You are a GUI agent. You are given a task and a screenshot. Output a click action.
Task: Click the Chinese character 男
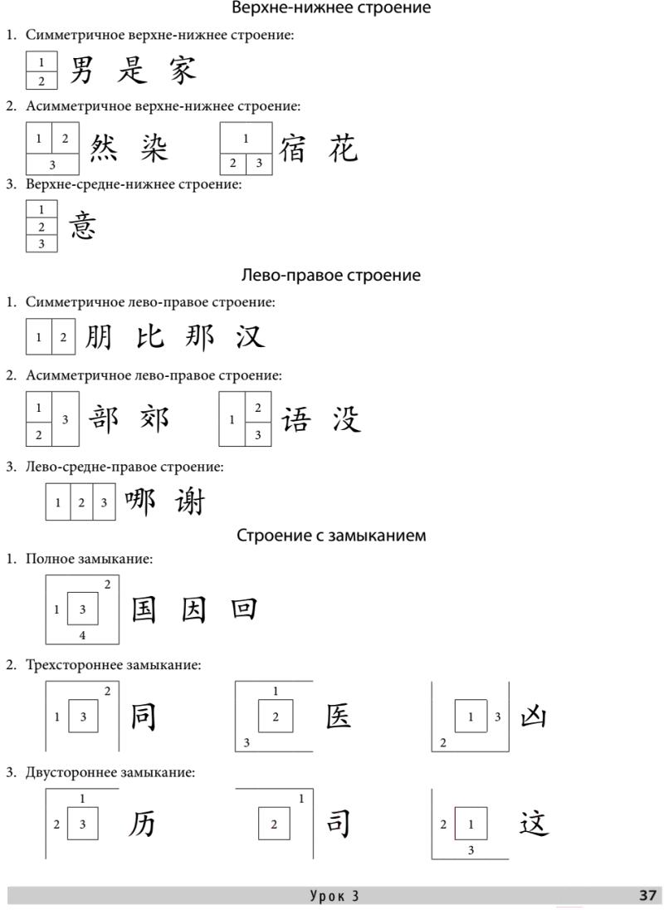tap(81, 70)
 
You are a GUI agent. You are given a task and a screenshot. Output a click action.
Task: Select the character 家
tap(182, 70)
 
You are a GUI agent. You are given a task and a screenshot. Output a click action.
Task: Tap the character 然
tap(104, 148)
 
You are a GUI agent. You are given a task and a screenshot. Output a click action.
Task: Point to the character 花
tap(342, 148)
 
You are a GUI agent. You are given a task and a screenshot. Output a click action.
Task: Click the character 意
tap(82, 225)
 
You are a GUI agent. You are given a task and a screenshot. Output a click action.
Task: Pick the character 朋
tap(98, 337)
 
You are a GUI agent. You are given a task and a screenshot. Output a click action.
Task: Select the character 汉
tap(249, 337)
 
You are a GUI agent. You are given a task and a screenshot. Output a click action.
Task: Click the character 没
tap(346, 418)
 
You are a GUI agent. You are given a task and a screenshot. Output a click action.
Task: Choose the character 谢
tap(190, 501)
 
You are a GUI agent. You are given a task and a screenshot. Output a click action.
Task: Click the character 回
tap(244, 610)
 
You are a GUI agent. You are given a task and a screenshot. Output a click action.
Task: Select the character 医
tap(338, 717)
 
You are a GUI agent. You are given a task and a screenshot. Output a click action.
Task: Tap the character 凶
tap(533, 717)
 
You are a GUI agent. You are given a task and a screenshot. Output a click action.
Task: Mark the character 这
tap(534, 824)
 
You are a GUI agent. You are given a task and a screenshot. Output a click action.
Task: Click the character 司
tap(337, 824)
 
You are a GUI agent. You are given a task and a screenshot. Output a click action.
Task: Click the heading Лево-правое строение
tap(331, 275)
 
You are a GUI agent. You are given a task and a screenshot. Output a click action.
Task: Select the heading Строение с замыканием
tap(331, 536)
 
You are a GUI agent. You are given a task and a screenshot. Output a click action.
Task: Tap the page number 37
tap(648, 895)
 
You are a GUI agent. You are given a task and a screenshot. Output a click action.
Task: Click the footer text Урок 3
tap(334, 895)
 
